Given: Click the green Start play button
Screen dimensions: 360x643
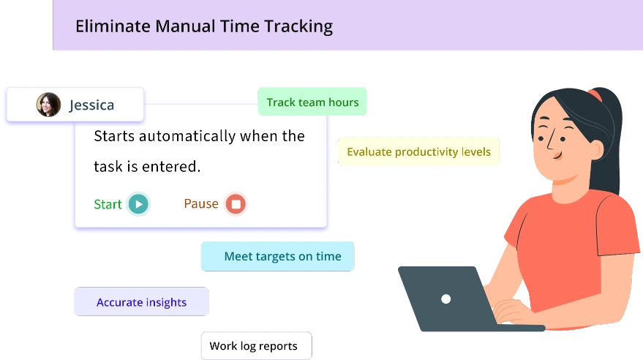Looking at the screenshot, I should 138,204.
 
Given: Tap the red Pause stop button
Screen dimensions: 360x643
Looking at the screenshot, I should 236,204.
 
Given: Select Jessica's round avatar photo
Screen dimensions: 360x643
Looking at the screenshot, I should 49,105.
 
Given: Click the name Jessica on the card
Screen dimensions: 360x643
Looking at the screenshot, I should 91,105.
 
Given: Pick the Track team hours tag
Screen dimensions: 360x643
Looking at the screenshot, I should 312,102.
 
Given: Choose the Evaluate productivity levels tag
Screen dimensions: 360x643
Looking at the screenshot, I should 418,152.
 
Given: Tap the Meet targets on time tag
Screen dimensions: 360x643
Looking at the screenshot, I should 282,256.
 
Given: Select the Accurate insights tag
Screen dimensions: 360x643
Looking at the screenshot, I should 141,302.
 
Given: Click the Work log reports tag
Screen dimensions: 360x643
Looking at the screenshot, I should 253,346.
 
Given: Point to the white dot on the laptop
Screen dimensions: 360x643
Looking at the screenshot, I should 446,299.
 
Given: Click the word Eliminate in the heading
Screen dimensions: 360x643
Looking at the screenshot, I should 110,27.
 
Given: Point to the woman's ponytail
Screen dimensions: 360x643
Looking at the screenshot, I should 610,139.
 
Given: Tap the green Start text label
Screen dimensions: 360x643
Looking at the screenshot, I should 108,204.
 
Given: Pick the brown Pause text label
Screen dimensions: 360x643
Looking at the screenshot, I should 201,204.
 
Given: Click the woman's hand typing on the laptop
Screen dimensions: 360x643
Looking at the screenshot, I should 512,311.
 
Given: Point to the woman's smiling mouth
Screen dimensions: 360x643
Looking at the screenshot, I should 557,155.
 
